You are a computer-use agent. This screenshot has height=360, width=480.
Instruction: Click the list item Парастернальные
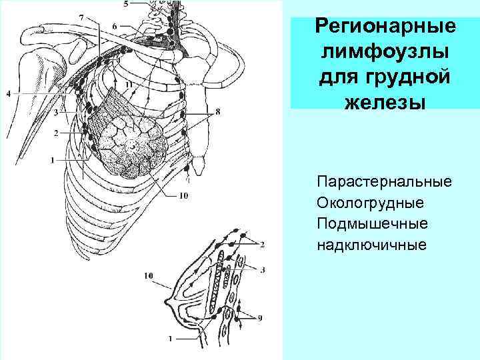pyautogui.click(x=385, y=181)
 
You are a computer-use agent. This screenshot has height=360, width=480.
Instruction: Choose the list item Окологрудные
pyautogui.click(x=371, y=202)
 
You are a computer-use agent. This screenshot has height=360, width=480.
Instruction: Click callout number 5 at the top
pyautogui.click(x=127, y=4)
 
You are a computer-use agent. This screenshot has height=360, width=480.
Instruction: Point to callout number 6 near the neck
pyautogui.click(x=114, y=25)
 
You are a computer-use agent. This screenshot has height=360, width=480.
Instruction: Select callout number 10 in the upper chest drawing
pyautogui.click(x=183, y=196)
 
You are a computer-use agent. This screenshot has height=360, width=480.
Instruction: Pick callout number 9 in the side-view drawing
pyautogui.click(x=259, y=317)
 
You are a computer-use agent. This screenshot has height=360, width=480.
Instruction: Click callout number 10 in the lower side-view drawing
pyautogui.click(x=147, y=275)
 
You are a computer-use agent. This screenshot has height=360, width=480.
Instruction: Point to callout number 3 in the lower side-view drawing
pyautogui.click(x=263, y=270)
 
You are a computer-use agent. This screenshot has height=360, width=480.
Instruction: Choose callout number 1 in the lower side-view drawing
pyautogui.click(x=171, y=338)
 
